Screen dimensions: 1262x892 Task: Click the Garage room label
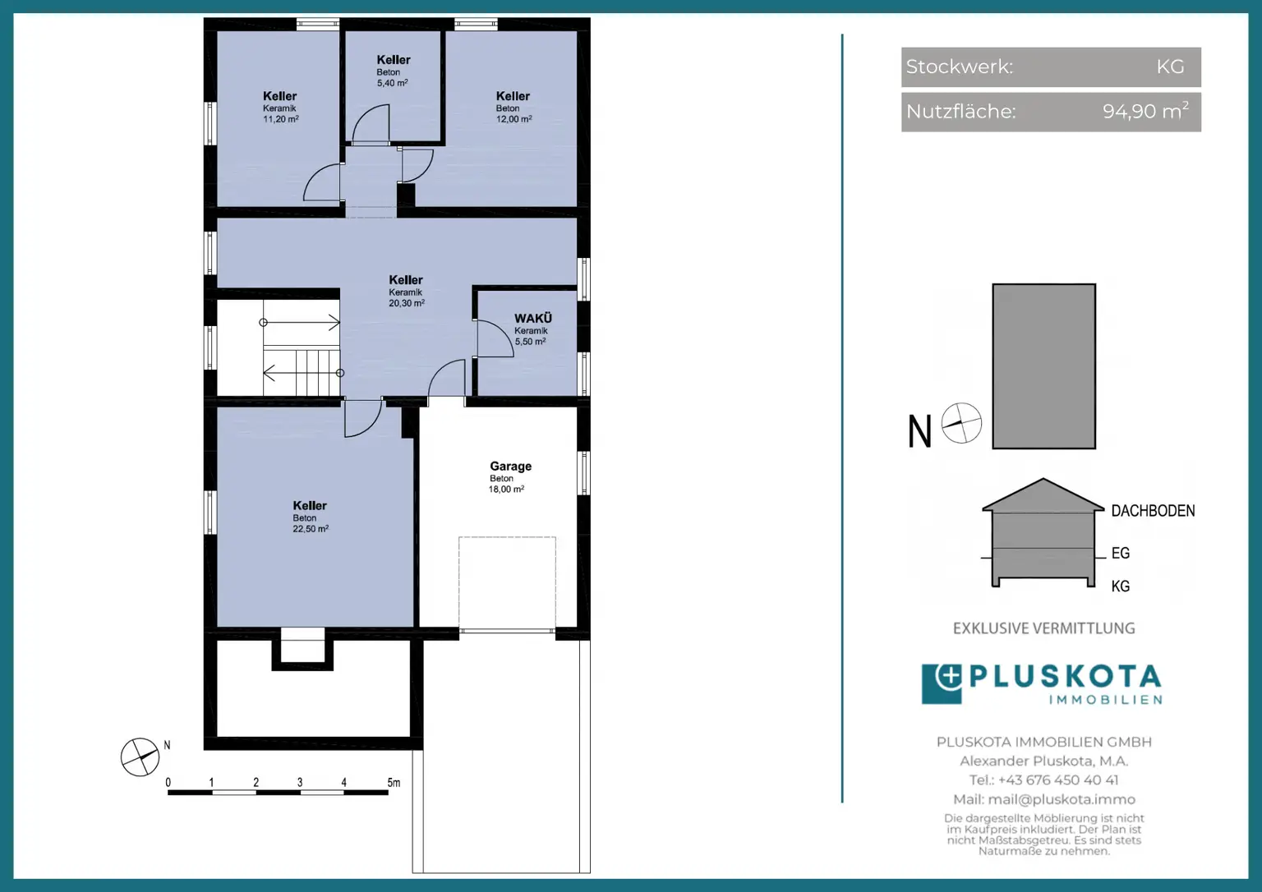click(510, 467)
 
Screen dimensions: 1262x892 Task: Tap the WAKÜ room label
click(533, 319)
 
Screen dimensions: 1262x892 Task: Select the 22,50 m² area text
click(311, 529)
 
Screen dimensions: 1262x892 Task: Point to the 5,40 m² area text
click(392, 83)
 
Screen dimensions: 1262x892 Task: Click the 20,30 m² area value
click(406, 303)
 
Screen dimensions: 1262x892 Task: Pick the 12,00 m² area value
click(514, 119)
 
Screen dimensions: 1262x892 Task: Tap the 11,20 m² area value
click(280, 119)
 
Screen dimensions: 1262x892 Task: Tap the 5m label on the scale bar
click(394, 783)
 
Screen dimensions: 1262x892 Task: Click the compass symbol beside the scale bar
click(140, 757)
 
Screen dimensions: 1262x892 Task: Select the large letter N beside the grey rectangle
click(919, 431)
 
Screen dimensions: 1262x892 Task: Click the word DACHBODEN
click(1153, 511)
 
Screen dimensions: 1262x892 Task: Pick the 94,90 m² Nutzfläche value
click(1146, 111)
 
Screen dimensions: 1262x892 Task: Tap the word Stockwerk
click(959, 67)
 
